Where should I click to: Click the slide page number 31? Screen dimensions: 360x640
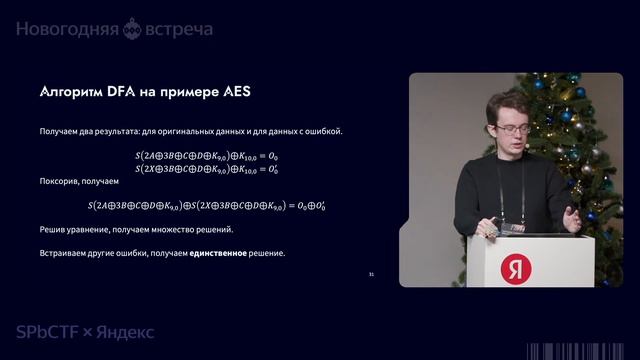(371, 274)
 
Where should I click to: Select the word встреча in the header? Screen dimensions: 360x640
(180, 29)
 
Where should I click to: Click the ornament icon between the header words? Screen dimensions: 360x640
(131, 30)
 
